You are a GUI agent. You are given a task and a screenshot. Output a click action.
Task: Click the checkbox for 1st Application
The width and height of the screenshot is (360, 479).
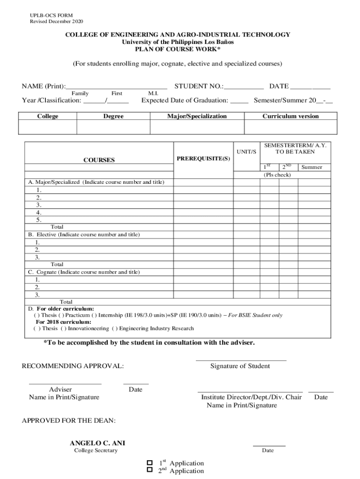[150, 463]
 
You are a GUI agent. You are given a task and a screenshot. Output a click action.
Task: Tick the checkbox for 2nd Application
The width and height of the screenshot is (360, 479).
[150, 470]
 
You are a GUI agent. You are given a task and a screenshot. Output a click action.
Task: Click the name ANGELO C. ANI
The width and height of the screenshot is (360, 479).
[97, 443]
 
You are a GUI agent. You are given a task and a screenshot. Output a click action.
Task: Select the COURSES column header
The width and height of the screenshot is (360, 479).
[99, 160]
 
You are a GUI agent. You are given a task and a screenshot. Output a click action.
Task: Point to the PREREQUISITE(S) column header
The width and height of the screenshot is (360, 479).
[203, 159]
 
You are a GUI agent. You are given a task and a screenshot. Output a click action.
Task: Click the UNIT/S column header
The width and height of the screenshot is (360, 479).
[246, 152]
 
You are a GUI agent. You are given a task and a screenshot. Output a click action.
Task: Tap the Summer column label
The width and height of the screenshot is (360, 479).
[311, 167]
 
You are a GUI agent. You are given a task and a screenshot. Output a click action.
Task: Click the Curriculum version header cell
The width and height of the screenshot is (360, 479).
[290, 116]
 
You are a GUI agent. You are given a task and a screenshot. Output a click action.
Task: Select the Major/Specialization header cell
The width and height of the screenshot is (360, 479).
[197, 116]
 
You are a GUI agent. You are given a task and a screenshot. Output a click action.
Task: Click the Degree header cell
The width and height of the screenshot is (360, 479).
[113, 116]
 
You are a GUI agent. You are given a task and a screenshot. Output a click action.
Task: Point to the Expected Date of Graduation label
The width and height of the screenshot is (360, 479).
[185, 100]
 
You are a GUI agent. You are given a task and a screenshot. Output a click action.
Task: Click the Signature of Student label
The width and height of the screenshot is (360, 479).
[240, 366]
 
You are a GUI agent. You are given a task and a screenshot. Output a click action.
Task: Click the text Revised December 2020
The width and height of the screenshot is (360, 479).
[57, 22]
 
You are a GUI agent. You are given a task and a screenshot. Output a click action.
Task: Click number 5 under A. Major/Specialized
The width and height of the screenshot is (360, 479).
[38, 219]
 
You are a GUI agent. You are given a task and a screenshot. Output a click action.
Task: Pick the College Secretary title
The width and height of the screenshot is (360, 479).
[96, 450]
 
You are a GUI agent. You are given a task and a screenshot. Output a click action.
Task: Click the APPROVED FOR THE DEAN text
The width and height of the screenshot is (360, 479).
[69, 421]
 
